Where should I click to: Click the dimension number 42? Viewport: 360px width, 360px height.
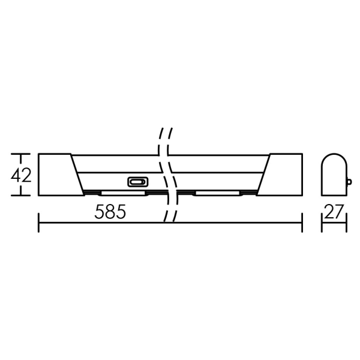tap(21, 175)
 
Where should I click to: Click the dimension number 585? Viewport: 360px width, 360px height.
tap(110, 212)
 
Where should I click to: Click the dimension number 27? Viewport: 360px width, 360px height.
tap(334, 211)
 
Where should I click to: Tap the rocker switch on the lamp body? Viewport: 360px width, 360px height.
tap(137, 182)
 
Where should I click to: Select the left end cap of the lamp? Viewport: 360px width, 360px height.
tap(59, 175)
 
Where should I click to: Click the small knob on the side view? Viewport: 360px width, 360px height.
tap(349, 182)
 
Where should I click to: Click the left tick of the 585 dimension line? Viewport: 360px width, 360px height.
tap(38, 223)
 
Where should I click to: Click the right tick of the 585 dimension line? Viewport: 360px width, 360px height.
tap(302, 223)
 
